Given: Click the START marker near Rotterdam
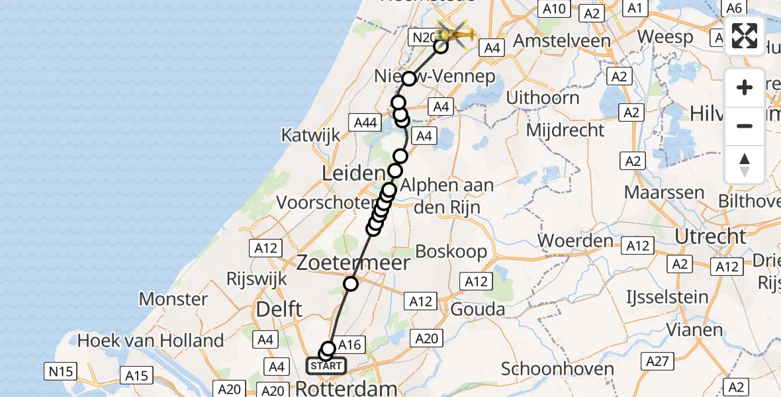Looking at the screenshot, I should [326, 365].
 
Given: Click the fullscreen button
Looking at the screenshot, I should [745, 36].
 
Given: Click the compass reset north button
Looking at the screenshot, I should [745, 165].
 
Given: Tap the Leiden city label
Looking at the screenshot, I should [353, 174].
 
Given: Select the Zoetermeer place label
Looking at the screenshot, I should [353, 263].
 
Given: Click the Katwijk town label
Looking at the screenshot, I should [310, 135].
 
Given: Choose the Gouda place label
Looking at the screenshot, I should [478, 309].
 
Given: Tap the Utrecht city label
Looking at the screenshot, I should [710, 236].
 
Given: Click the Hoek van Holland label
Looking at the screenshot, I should [151, 341].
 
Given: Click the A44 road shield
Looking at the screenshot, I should [366, 122].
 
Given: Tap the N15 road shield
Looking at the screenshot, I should [61, 371].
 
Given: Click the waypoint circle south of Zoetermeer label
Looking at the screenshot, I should [351, 284].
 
